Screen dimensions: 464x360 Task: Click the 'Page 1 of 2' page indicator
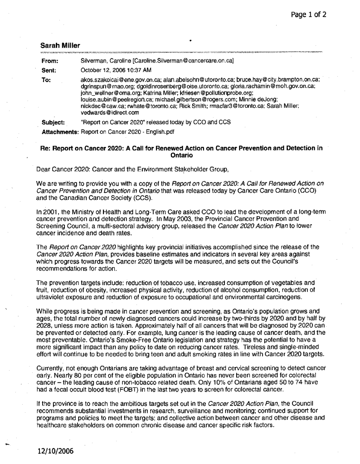coord(308,14)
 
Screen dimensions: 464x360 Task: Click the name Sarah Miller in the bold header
coord(60,45)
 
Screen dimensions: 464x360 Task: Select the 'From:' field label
coord(49,60)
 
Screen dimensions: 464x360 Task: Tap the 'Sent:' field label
coord(49,70)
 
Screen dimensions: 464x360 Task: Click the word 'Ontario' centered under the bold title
coord(182,155)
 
